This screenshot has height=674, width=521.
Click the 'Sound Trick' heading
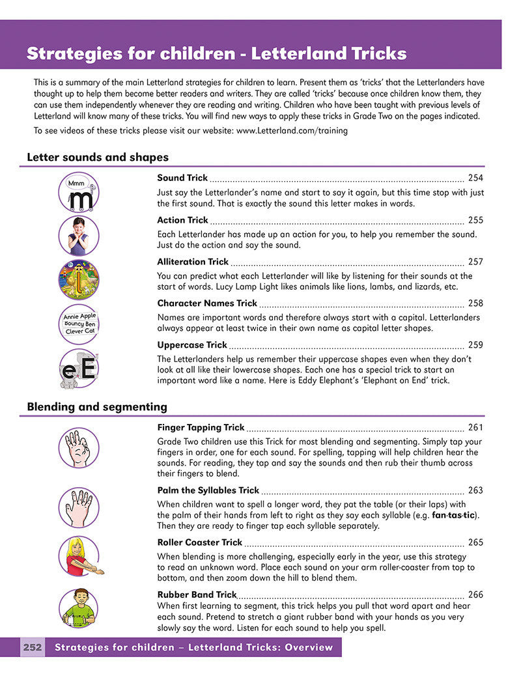(182, 178)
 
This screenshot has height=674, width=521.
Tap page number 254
(475, 178)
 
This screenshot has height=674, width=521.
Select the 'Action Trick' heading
(182, 220)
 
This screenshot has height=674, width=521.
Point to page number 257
(475, 262)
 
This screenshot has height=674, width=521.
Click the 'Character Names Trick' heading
(207, 303)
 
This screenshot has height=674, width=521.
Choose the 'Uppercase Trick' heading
(192, 345)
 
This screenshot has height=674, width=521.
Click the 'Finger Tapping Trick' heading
(201, 428)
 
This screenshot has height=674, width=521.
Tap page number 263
(475, 490)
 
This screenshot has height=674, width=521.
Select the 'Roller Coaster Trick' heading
(199, 542)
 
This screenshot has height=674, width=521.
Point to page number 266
(475, 595)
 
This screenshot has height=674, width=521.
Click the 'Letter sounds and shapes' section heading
(98, 157)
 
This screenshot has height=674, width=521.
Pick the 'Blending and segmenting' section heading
(97, 407)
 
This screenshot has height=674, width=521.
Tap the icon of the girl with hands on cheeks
(79, 236)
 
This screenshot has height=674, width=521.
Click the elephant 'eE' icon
(79, 369)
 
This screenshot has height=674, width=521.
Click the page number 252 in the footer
(33, 647)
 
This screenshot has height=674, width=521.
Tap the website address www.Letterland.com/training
(292, 130)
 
